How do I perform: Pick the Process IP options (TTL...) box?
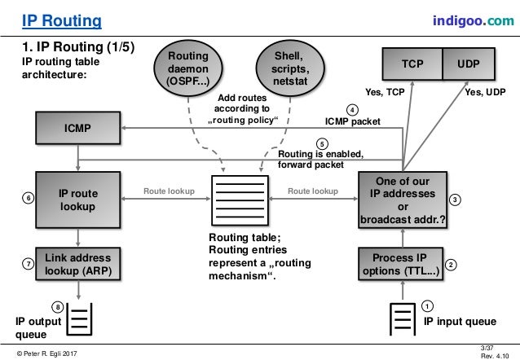tap(404, 265)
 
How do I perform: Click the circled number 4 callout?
tap(351, 109)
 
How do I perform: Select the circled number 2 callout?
tap(452, 265)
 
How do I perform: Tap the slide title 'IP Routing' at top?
tap(61, 20)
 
